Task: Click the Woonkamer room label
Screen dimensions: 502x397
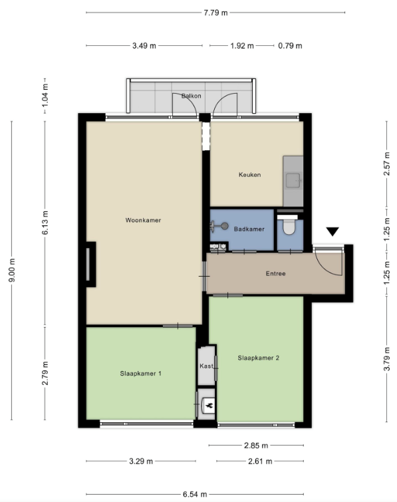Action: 143,220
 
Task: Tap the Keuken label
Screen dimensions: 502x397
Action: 249,175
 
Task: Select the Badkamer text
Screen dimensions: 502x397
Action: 249,229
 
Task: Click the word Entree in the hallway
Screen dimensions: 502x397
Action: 275,273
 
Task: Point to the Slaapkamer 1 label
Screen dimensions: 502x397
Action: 141,374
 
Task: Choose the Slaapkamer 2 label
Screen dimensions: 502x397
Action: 258,358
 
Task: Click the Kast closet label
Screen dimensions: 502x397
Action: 205,366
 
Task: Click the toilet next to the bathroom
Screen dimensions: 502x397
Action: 289,229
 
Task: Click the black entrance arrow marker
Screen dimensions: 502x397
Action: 332,232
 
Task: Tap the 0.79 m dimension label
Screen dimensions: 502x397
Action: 290,46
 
